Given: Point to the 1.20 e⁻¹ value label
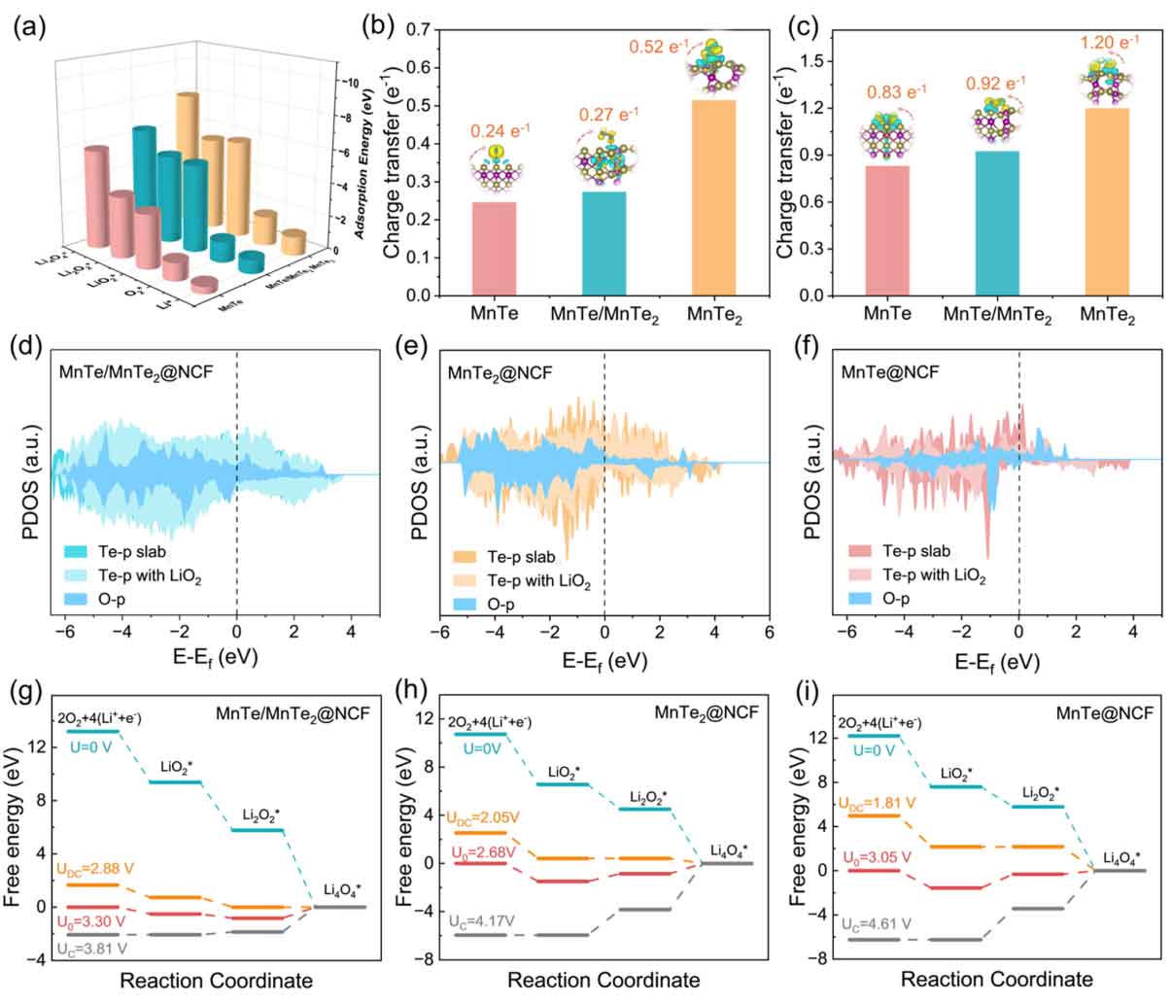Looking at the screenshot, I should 1107,43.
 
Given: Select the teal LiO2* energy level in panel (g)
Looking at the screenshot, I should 174,781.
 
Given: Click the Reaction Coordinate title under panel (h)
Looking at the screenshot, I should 603,980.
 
